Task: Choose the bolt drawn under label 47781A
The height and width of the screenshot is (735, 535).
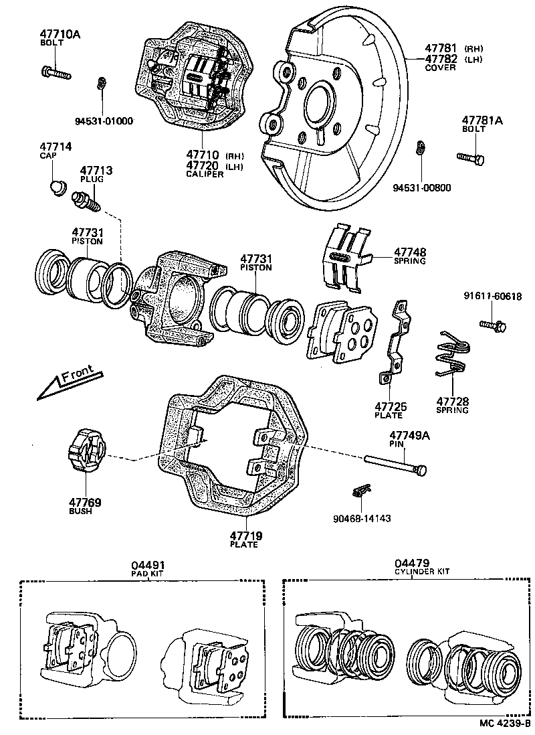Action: tap(471, 157)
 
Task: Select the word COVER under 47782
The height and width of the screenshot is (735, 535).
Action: tap(440, 68)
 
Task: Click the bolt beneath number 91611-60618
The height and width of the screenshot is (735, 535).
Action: tap(492, 325)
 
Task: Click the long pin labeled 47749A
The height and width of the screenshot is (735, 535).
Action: tap(395, 464)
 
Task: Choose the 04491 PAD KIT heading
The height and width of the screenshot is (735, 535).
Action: tap(148, 568)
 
